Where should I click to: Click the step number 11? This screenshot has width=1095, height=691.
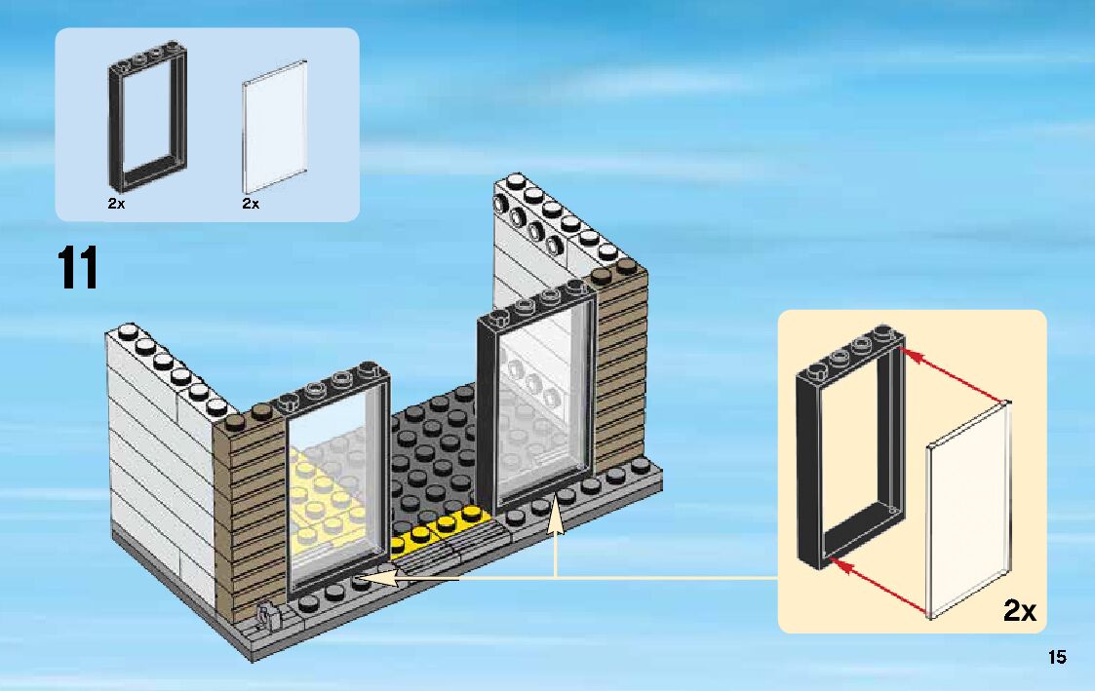(x=78, y=268)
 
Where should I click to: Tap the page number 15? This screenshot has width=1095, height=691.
(x=1057, y=657)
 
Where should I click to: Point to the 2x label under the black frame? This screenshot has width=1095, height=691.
(x=116, y=205)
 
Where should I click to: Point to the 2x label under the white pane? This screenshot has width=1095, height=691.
(x=251, y=205)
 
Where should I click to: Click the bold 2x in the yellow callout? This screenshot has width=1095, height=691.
(x=1019, y=611)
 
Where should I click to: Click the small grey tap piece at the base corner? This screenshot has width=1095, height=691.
(x=266, y=614)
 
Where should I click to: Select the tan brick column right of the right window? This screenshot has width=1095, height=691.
(x=621, y=370)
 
